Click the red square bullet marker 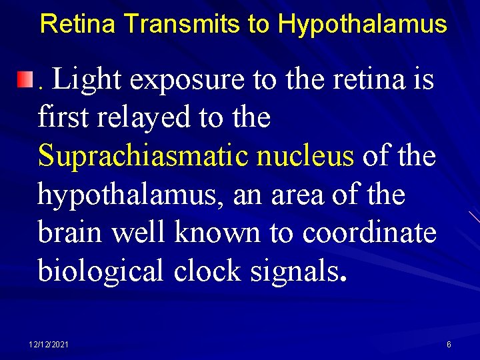click(x=25, y=81)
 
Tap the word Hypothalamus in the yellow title click(x=362, y=25)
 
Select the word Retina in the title click(x=79, y=24)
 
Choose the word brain click(x=71, y=233)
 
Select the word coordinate click(x=369, y=233)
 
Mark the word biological click(x=102, y=271)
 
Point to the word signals click(x=294, y=271)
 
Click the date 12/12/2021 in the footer click(x=49, y=344)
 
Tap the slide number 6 click(x=449, y=344)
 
